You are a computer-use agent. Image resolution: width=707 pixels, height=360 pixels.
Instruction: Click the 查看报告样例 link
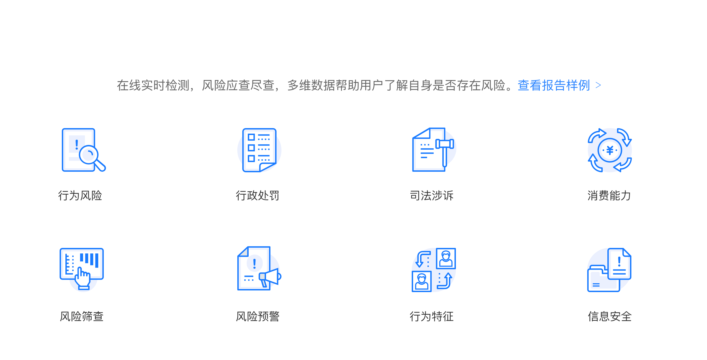[x=554, y=86]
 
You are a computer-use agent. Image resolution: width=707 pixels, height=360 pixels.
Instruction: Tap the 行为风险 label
[x=80, y=195]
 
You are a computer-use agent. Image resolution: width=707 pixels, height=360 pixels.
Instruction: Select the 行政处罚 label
[x=257, y=195]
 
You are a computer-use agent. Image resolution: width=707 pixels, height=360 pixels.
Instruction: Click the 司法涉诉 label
[x=432, y=195]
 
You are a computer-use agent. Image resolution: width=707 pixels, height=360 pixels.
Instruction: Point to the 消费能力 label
[x=609, y=195]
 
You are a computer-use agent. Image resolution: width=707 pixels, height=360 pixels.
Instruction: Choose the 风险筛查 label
[x=82, y=316]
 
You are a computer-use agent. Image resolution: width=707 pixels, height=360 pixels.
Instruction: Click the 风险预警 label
[x=257, y=316]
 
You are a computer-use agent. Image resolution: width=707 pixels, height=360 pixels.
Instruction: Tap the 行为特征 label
[x=432, y=316]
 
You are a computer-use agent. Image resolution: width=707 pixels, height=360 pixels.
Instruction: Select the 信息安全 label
[x=610, y=316]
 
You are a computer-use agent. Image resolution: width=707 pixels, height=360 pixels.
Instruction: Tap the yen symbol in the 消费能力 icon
[x=610, y=150]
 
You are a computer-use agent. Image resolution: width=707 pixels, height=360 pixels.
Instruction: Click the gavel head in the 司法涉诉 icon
[x=445, y=144]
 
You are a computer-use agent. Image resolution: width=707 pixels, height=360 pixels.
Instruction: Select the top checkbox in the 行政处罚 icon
[x=251, y=137]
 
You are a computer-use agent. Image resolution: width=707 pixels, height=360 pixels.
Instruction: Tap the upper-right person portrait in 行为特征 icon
[x=446, y=258]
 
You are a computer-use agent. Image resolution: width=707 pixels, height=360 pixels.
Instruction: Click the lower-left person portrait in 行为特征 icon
[x=421, y=281]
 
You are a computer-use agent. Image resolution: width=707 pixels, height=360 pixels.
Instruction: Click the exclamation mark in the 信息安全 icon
[x=619, y=261]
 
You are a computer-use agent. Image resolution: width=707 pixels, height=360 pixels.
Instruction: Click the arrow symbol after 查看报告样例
[x=598, y=85]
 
